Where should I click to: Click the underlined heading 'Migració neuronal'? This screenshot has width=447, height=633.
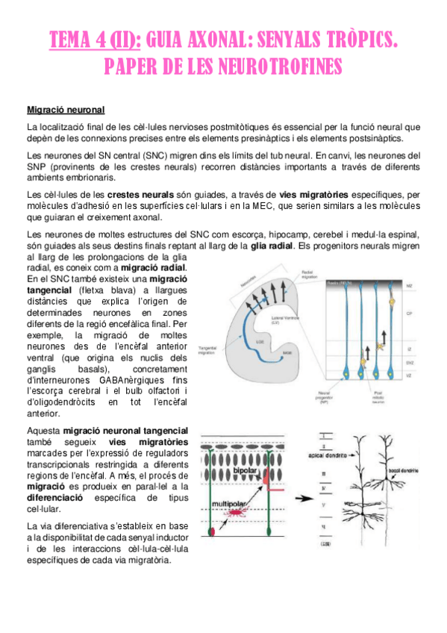(x=66, y=110)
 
